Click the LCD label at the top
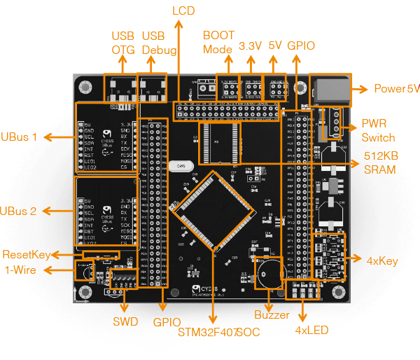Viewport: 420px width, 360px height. tap(183, 11)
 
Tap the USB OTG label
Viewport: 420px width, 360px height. tap(122, 43)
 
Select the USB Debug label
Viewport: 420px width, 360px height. tap(154, 43)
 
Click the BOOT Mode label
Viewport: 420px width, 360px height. tap(218, 42)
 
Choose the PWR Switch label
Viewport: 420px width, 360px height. tap(378, 131)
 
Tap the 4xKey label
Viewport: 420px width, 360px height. tap(382, 261)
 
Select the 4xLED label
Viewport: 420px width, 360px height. tap(311, 330)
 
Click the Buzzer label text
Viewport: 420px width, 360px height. tap(272, 315)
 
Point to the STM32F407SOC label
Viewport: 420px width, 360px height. tap(219, 331)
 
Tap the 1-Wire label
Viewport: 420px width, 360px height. tap(21, 270)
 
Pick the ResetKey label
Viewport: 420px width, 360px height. tap(26, 254)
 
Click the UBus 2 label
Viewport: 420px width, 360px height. tap(20, 211)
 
